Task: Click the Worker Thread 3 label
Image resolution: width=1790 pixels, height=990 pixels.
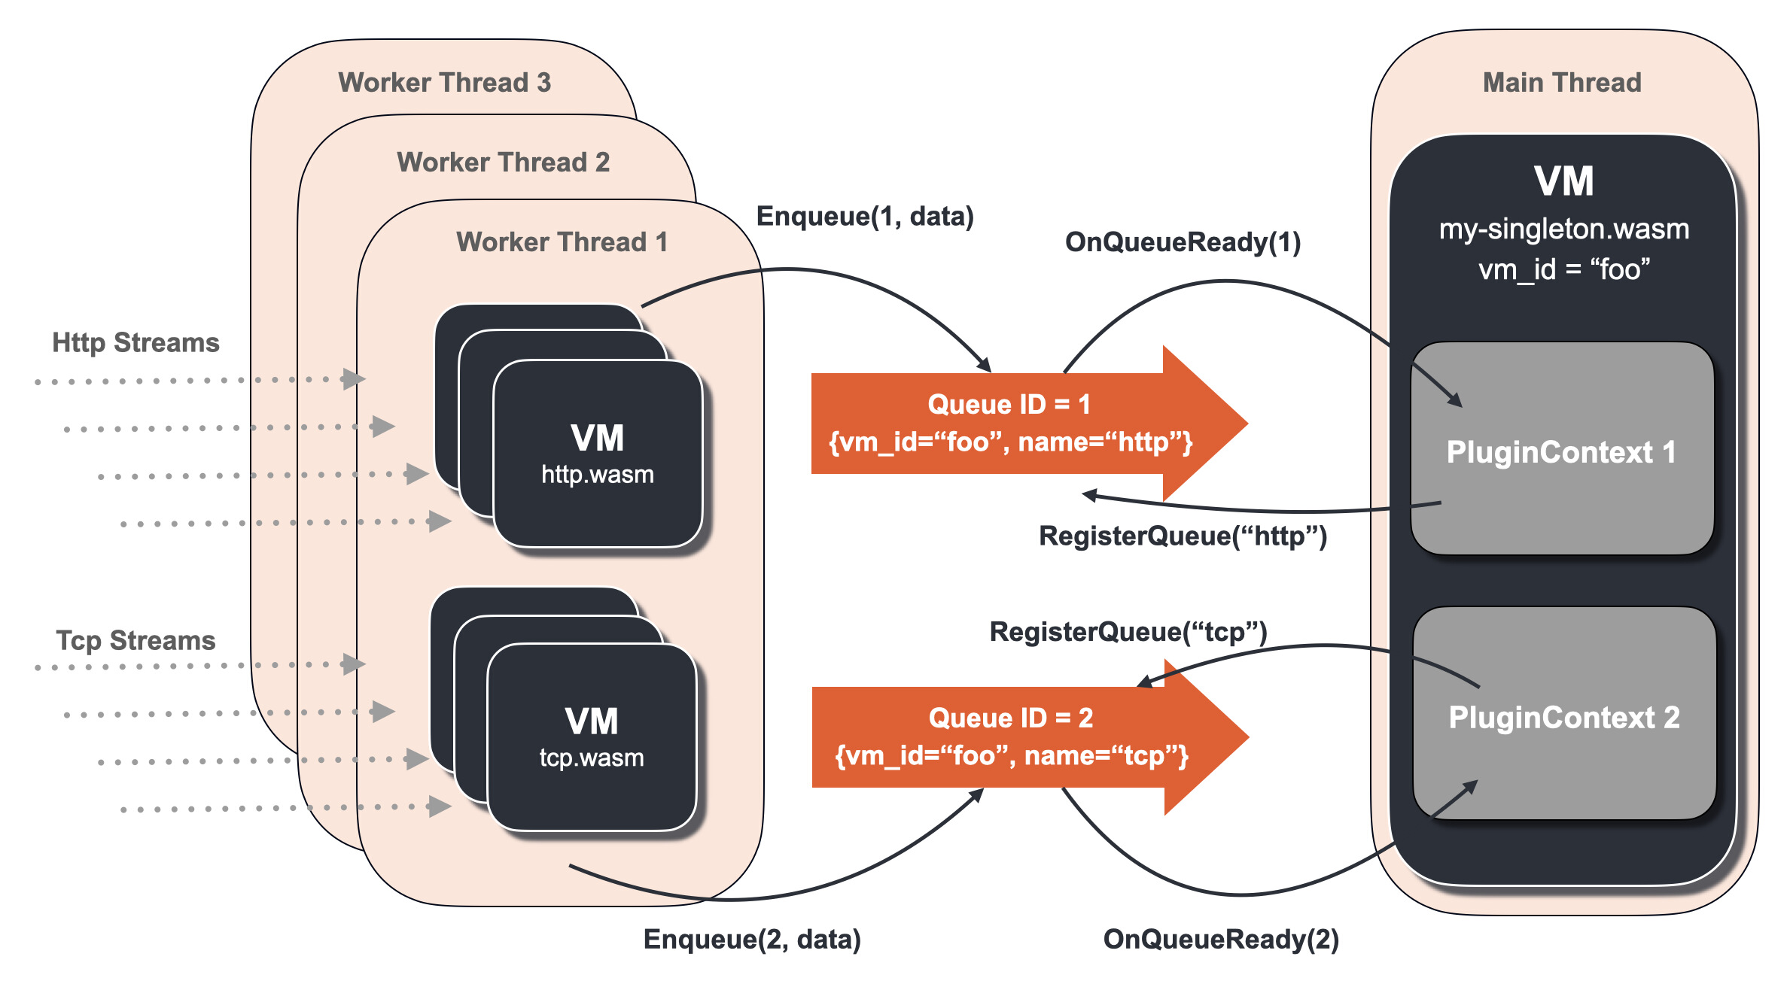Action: point(444,82)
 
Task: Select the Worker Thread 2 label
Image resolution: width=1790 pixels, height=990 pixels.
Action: point(503,162)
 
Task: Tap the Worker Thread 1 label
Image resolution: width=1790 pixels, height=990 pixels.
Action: point(562,241)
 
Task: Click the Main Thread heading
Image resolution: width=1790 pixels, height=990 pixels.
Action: point(1562,82)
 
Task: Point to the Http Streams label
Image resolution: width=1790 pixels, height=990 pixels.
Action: point(135,342)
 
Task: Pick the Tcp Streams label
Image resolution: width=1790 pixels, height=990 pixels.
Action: point(135,640)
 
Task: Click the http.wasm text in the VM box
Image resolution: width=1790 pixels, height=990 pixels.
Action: point(598,475)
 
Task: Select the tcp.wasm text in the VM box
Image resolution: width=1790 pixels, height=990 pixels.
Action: point(592,758)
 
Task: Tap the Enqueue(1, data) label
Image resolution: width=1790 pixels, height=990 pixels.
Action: point(865,216)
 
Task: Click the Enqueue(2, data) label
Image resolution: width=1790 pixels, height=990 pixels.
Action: point(752,939)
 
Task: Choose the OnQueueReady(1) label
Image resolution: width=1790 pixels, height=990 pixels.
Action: point(1183,241)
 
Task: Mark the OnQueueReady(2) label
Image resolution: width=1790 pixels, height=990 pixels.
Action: point(1221,939)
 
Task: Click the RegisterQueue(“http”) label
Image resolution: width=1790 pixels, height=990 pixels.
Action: point(1183,536)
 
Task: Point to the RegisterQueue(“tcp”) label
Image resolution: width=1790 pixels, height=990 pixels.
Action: point(1128,631)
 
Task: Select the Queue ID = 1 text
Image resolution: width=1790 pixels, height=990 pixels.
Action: point(1009,404)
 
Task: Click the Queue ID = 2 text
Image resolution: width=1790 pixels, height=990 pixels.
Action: point(1010,718)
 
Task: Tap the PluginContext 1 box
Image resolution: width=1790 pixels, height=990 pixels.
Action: point(1561,451)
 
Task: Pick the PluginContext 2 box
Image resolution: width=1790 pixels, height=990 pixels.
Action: point(1564,717)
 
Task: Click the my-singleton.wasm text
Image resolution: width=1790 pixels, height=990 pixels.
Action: point(1564,229)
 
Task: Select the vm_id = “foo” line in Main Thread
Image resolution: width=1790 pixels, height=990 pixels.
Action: point(1564,269)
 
